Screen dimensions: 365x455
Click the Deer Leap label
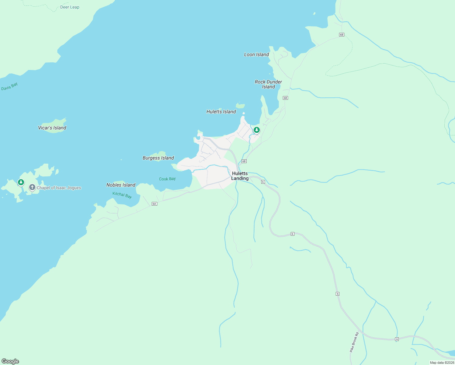tap(70, 7)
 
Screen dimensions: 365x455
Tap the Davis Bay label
tap(9, 87)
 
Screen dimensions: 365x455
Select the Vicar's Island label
tap(52, 128)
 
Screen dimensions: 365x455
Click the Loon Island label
tap(256, 54)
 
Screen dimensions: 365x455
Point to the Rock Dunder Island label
tap(268, 84)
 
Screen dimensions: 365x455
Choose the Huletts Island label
tap(221, 112)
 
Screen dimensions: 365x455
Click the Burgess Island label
tap(158, 158)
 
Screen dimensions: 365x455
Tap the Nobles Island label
tap(121, 185)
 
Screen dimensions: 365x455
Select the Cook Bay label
tap(167, 179)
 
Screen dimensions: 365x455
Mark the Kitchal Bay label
tap(122, 195)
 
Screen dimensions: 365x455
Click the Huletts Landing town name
tap(240, 176)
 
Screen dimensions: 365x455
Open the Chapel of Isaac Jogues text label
tap(59, 188)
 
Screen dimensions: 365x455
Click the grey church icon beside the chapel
tap(32, 187)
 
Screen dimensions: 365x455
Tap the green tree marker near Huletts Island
tap(257, 130)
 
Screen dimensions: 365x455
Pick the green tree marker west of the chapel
tap(21, 182)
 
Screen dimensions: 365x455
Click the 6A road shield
tap(155, 204)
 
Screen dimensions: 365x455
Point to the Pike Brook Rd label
tap(354, 342)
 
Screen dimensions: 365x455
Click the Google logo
tap(10, 361)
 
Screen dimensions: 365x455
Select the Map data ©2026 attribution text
tap(442, 363)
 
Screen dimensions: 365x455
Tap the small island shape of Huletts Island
tap(240, 106)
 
